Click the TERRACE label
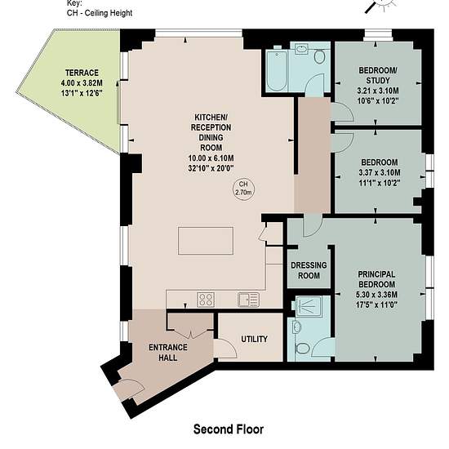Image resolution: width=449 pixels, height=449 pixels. click(82, 73)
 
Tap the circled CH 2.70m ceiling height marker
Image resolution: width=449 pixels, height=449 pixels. click(243, 189)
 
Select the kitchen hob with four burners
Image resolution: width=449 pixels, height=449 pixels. click(206, 300)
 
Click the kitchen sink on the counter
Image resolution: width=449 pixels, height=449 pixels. click(248, 300)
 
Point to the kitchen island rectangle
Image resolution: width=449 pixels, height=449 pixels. click(206, 241)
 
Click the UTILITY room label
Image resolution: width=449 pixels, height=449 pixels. click(254, 339)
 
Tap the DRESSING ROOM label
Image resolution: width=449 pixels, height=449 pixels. click(309, 270)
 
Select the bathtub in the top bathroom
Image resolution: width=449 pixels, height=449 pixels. click(276, 70)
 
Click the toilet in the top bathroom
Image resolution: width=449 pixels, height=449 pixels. click(319, 56)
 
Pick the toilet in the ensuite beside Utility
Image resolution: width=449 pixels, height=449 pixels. click(301, 349)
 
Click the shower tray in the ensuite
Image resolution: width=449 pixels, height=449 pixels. click(309, 306)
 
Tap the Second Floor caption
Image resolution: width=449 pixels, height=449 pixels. click(229, 429)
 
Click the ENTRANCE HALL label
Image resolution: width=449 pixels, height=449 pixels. click(168, 353)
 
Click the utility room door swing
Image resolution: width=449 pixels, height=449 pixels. click(225, 348)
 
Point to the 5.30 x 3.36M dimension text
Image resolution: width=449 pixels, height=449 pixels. click(376, 295)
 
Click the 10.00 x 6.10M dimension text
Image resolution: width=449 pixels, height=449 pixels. click(211, 158)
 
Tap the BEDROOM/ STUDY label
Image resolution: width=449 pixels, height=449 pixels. click(378, 75)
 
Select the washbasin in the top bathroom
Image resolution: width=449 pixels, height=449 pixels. click(300, 49)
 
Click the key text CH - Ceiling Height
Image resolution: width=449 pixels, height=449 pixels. click(100, 13)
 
